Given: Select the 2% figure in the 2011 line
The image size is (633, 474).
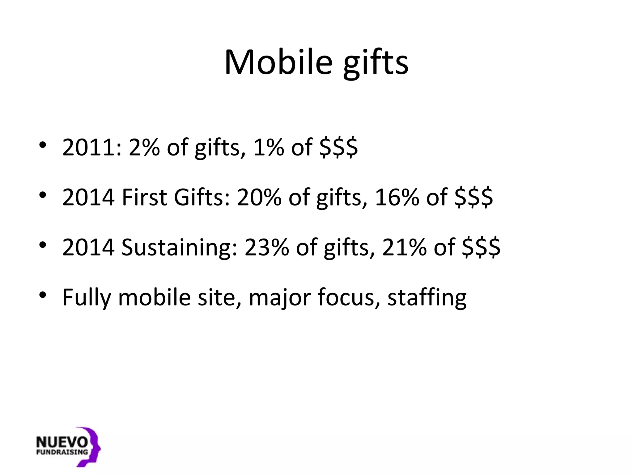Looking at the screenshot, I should pos(144,147).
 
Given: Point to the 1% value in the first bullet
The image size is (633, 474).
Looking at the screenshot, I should pos(268,147).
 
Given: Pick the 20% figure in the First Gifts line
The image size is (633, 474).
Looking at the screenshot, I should pos(259,197).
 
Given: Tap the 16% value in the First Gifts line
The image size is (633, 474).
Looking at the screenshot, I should pos(397,197).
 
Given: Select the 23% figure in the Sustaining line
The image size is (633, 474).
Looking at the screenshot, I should pos(266,247).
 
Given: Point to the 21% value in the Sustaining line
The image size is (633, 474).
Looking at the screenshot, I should pos(404,247).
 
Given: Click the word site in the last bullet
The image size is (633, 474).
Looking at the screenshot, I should pos(216,297).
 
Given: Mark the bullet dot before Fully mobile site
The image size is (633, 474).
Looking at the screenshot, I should pos(43,295).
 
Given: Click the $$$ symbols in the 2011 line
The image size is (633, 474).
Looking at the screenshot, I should pos(338,147).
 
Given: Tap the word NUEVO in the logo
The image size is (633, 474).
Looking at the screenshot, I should pos(62,442).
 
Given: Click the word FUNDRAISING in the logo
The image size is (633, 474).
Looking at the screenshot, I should pos(62,452).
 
